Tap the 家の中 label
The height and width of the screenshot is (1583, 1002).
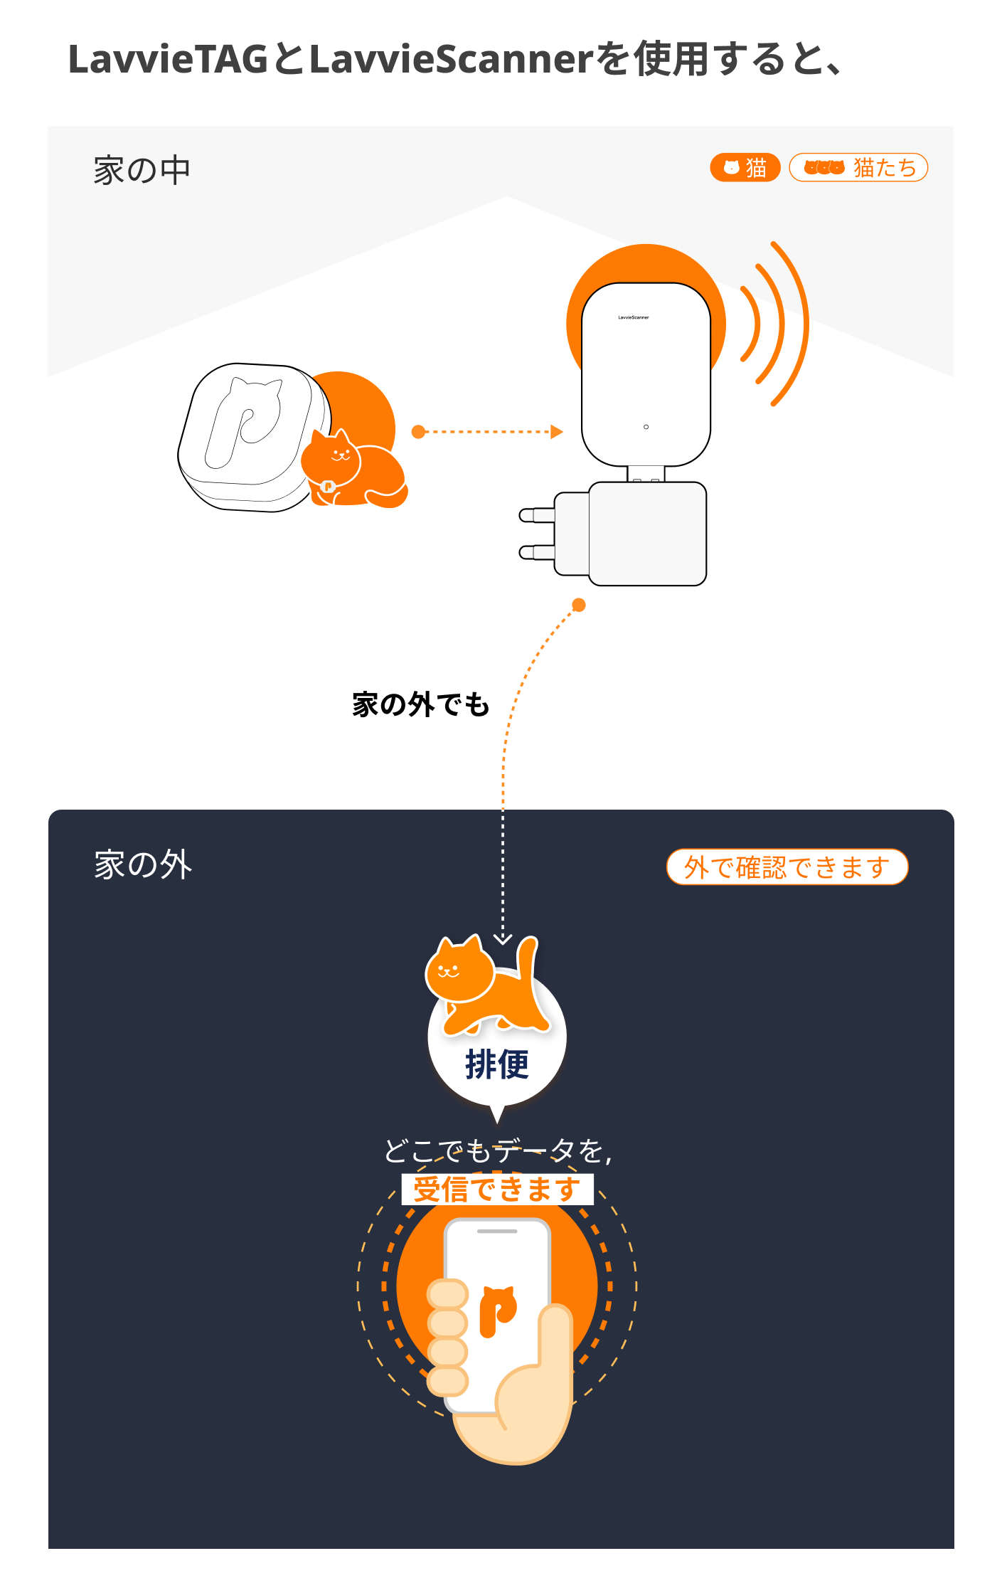click(142, 171)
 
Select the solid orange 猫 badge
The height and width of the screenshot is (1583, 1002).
click(745, 168)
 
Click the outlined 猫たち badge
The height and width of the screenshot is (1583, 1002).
click(858, 168)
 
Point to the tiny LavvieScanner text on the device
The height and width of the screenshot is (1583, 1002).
click(634, 317)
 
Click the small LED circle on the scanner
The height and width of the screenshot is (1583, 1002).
click(646, 427)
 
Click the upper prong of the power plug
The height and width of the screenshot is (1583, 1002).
click(537, 514)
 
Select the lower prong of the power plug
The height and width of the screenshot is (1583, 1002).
click(537, 552)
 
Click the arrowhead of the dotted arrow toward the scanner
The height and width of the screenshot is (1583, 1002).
click(557, 432)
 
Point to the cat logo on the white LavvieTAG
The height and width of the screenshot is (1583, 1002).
click(243, 423)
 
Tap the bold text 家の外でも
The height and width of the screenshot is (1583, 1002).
click(421, 704)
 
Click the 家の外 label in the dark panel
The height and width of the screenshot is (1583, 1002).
click(143, 865)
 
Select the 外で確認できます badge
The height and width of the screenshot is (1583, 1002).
click(787, 867)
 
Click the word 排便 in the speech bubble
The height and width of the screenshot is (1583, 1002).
click(497, 1065)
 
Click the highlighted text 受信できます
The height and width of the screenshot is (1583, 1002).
click(497, 1190)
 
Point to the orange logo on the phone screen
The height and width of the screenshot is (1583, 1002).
click(498, 1311)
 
